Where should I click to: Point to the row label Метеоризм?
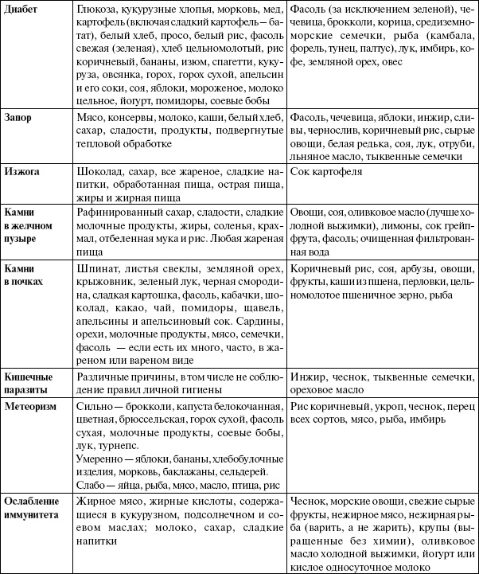click(32, 405)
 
